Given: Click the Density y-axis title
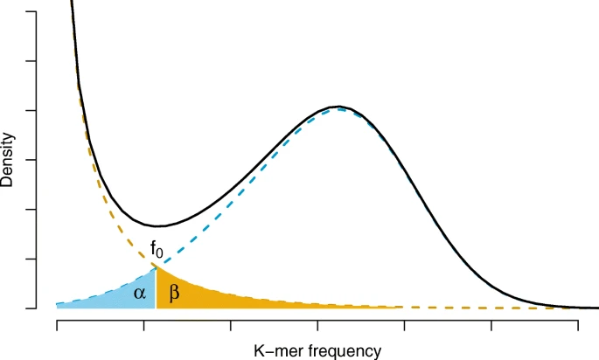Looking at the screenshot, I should click(9, 161).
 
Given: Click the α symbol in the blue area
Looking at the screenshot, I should click(140, 294).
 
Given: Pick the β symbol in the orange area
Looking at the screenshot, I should click(173, 294).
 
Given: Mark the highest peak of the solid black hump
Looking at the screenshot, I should click(338, 106).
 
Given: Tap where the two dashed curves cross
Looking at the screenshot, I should click(156, 266).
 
